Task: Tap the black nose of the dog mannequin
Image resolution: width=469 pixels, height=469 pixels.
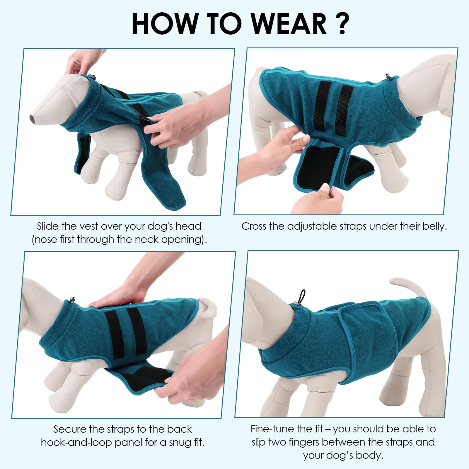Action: click(33, 118)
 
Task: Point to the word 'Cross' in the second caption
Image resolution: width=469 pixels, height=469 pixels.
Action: click(254, 226)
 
